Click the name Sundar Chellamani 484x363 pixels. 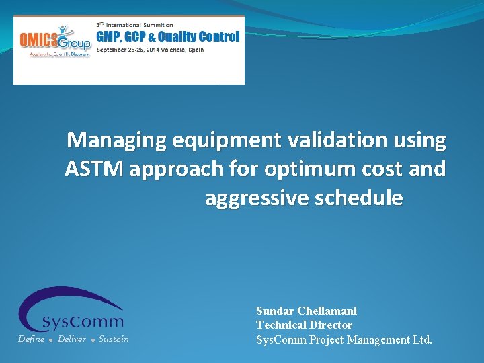coord(306,311)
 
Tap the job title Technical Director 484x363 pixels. coord(304,325)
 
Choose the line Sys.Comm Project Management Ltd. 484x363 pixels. coord(344,339)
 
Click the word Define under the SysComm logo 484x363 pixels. coord(31,339)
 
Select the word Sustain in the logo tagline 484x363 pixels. coord(113,339)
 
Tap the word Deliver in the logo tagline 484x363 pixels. coord(72,339)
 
